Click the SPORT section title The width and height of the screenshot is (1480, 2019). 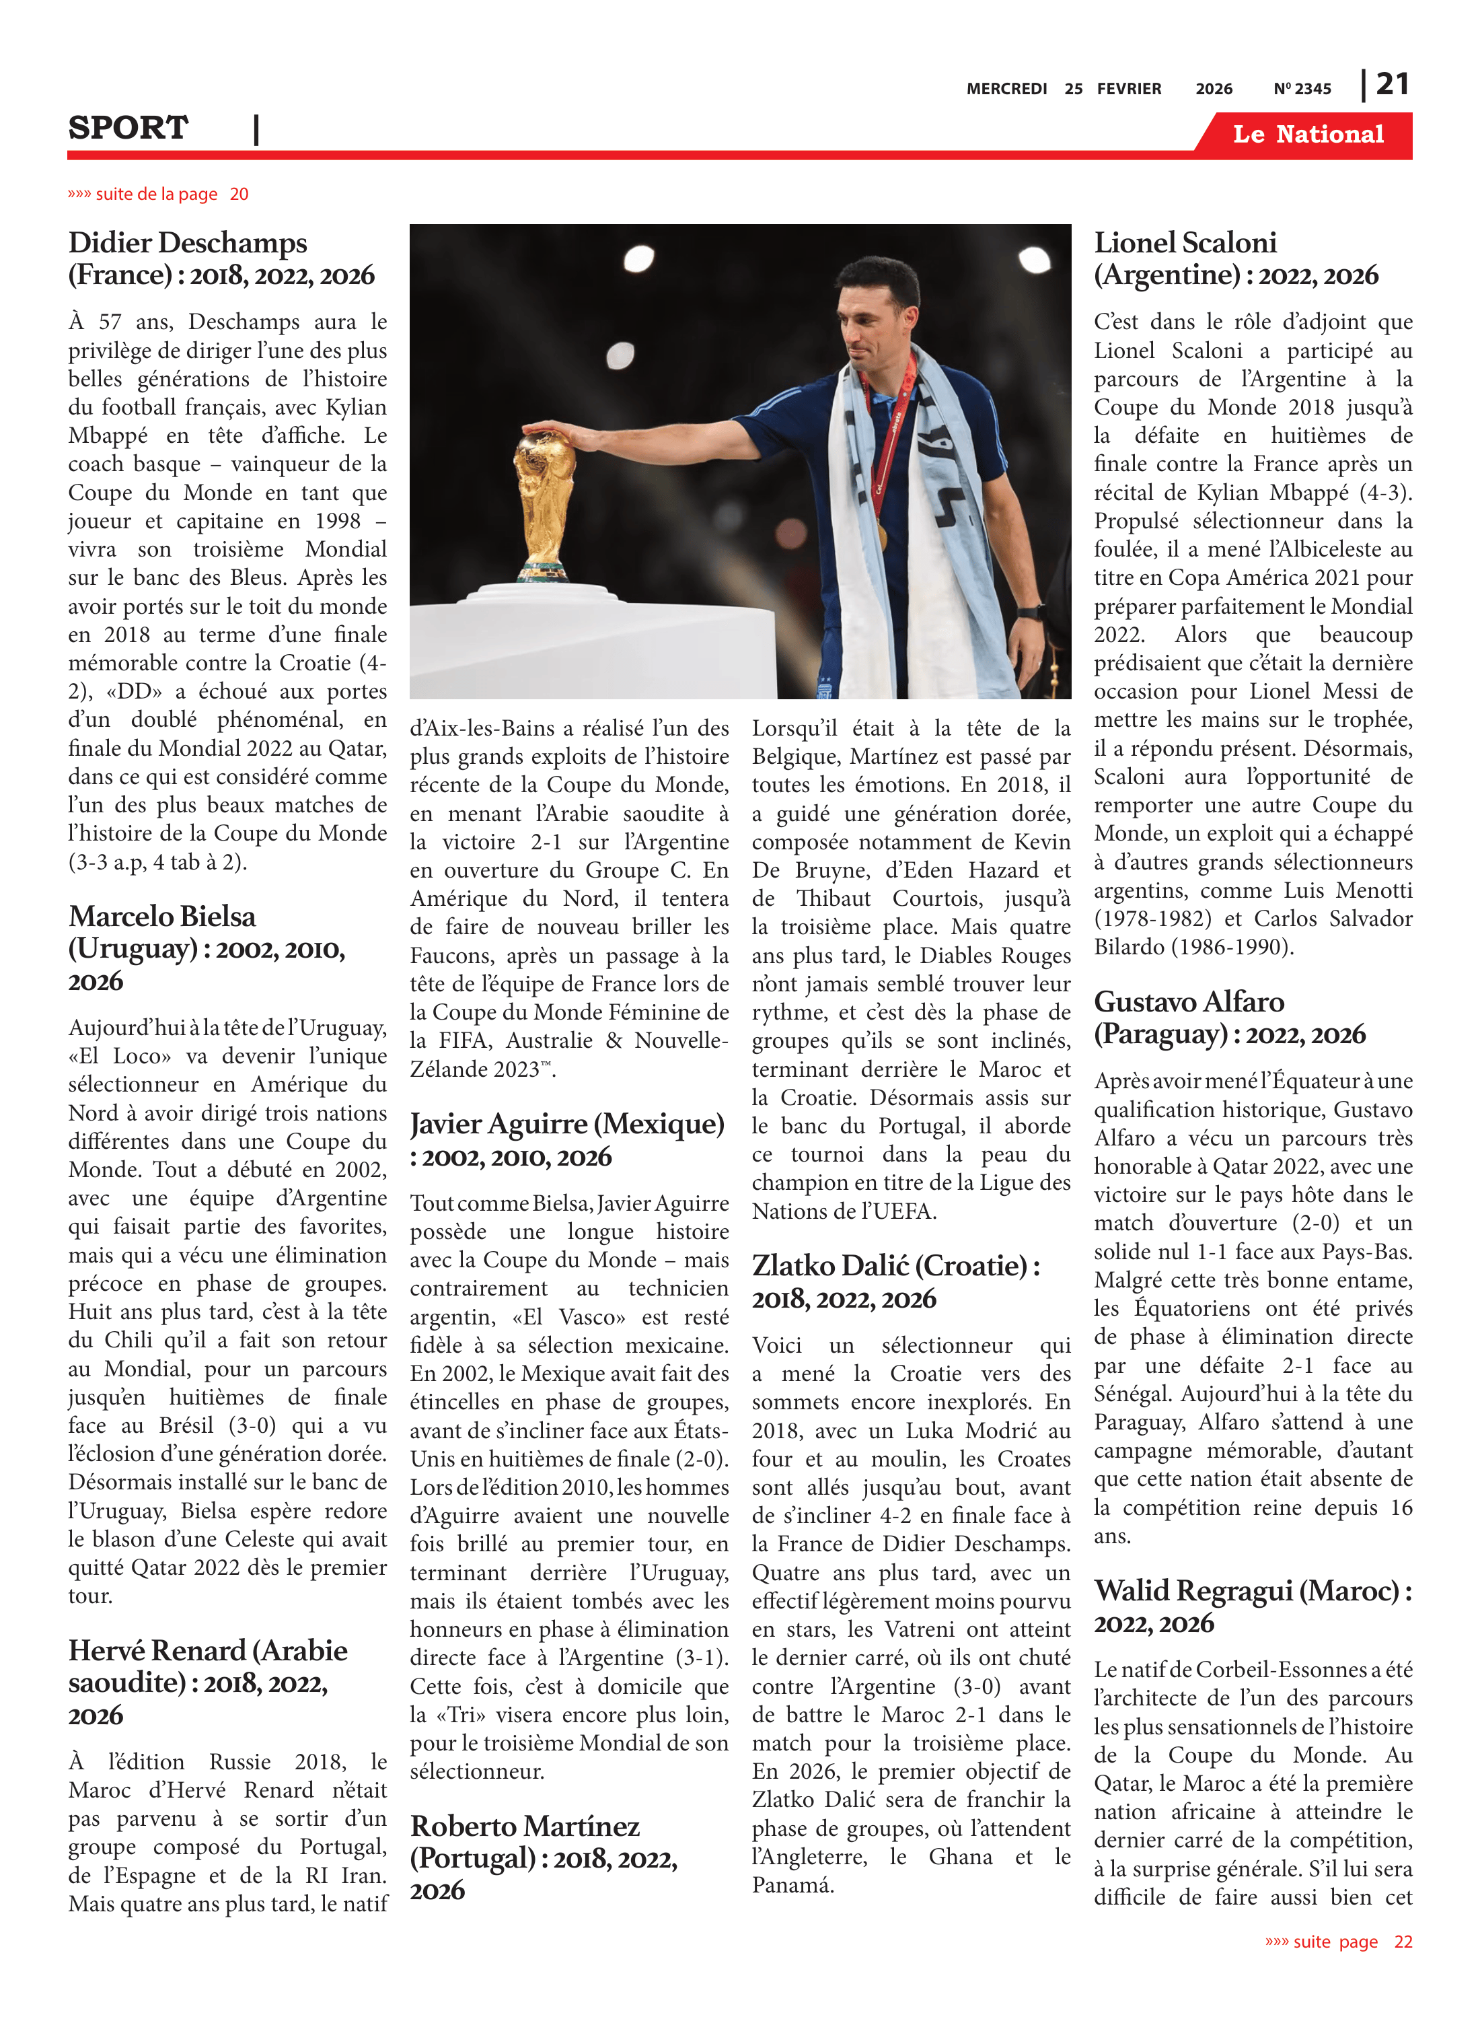[128, 128]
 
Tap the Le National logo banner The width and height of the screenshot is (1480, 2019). [1307, 135]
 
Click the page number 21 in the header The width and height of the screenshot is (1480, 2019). [1392, 84]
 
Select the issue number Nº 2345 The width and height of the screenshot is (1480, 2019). [1302, 89]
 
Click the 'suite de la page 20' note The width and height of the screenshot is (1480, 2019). [157, 194]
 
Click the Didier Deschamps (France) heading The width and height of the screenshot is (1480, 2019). [221, 259]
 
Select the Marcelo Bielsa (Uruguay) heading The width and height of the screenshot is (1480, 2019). [206, 948]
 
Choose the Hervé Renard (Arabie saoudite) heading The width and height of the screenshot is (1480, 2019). [208, 1682]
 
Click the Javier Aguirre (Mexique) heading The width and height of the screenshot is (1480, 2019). [566, 1140]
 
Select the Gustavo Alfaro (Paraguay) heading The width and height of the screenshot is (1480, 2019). [1229, 1018]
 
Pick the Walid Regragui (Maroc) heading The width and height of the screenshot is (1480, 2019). [1253, 1606]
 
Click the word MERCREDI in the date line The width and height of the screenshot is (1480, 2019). [1006, 89]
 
